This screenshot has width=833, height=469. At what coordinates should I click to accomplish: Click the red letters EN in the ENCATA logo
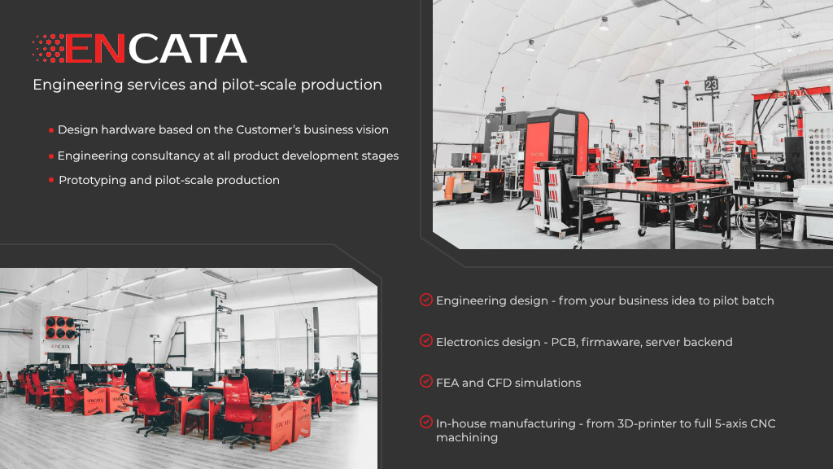point(96,49)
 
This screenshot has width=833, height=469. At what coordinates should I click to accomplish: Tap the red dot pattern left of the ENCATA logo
point(49,49)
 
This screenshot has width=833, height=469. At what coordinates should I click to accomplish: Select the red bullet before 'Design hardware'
point(51,130)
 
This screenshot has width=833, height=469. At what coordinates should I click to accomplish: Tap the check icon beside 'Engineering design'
point(425,300)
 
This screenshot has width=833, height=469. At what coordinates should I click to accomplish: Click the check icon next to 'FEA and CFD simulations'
point(425,381)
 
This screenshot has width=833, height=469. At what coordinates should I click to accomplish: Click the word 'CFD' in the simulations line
point(507,383)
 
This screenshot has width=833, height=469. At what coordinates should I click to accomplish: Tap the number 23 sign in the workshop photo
point(711,84)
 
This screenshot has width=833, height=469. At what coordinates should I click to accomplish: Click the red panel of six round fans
point(59,327)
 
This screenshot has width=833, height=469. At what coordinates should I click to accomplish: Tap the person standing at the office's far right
point(355,376)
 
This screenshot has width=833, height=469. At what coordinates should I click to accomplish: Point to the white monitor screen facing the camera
point(180,379)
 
